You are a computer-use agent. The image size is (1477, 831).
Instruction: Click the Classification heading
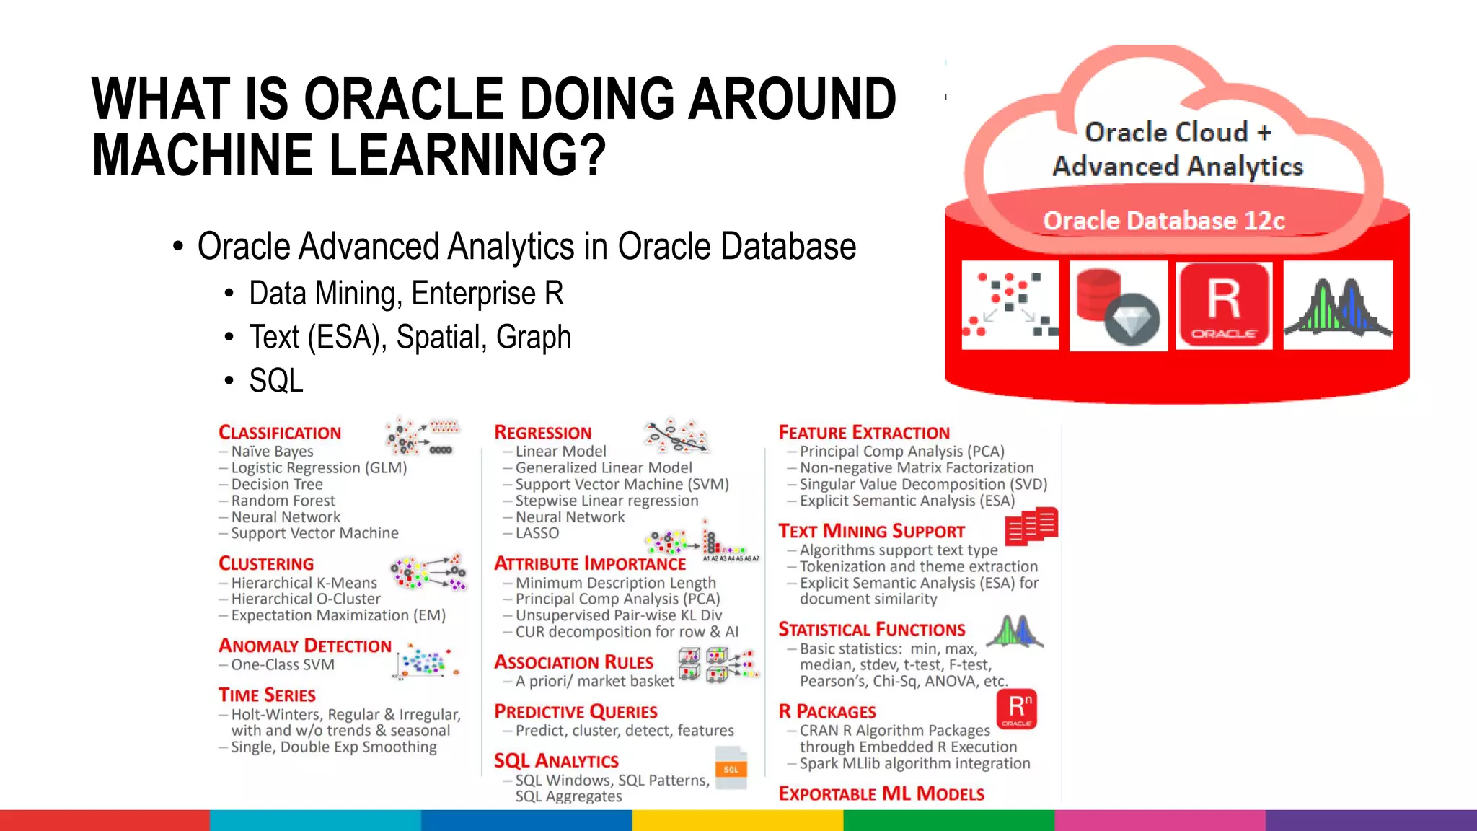pos(280,433)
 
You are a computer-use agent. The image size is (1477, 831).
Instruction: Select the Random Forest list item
pos(283,501)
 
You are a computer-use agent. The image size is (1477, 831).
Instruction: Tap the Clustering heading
pos(266,564)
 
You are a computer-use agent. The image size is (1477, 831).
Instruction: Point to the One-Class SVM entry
pos(282,664)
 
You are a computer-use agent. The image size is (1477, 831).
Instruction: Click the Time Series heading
pos(267,695)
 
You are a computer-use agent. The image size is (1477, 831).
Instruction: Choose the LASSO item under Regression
pos(537,533)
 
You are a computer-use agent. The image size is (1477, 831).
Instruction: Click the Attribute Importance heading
pos(590,564)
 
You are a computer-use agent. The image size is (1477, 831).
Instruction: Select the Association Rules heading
pos(573,662)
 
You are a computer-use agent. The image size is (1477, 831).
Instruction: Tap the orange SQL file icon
pos(731,768)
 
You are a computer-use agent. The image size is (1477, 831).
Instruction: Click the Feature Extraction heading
pos(864,433)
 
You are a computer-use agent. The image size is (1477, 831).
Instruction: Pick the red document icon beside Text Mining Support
pos(1031,526)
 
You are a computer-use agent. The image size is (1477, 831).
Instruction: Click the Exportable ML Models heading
pos(881,794)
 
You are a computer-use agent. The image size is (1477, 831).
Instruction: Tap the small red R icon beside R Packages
pos(1017,709)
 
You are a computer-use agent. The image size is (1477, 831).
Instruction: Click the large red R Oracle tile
pos(1224,306)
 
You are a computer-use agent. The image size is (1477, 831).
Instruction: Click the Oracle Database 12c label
pos(1163,221)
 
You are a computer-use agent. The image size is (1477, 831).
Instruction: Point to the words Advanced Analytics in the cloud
pos(1178,167)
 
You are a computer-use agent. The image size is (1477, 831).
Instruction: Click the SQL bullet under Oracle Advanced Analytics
pos(276,381)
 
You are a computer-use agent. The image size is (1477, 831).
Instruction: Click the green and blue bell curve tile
pos(1338,306)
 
